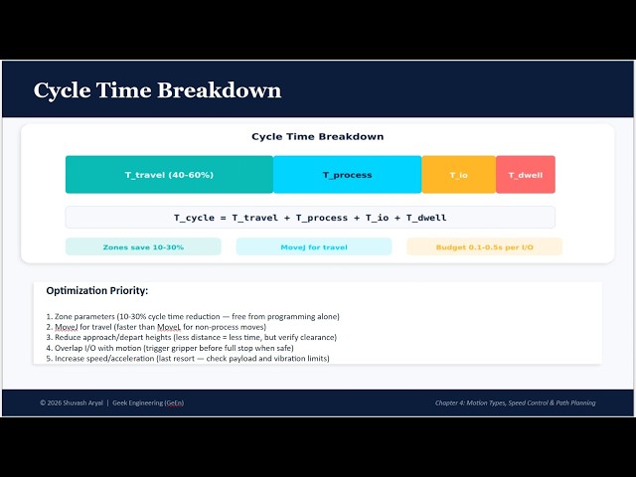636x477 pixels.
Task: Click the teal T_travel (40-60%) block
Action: click(x=169, y=175)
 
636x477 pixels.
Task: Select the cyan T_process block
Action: click(x=347, y=175)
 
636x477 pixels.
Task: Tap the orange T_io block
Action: click(x=458, y=175)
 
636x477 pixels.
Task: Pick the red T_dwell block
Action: click(x=525, y=175)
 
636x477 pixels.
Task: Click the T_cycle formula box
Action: click(x=310, y=218)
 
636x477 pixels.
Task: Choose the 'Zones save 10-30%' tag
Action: click(x=143, y=246)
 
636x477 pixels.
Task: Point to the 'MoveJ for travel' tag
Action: click(x=314, y=246)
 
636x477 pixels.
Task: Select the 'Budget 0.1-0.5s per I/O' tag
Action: click(x=484, y=246)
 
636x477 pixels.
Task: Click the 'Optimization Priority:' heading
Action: click(x=97, y=291)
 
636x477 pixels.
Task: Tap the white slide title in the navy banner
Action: click(x=157, y=90)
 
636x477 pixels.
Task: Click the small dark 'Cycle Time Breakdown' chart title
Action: click(x=317, y=137)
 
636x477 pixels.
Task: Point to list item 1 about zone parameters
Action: click(x=193, y=316)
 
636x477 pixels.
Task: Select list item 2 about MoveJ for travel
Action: click(x=156, y=327)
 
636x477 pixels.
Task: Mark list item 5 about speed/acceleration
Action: click(x=188, y=358)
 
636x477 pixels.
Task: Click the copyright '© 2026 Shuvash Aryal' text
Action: click(x=76, y=402)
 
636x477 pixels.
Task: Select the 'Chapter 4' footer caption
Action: click(x=515, y=402)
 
